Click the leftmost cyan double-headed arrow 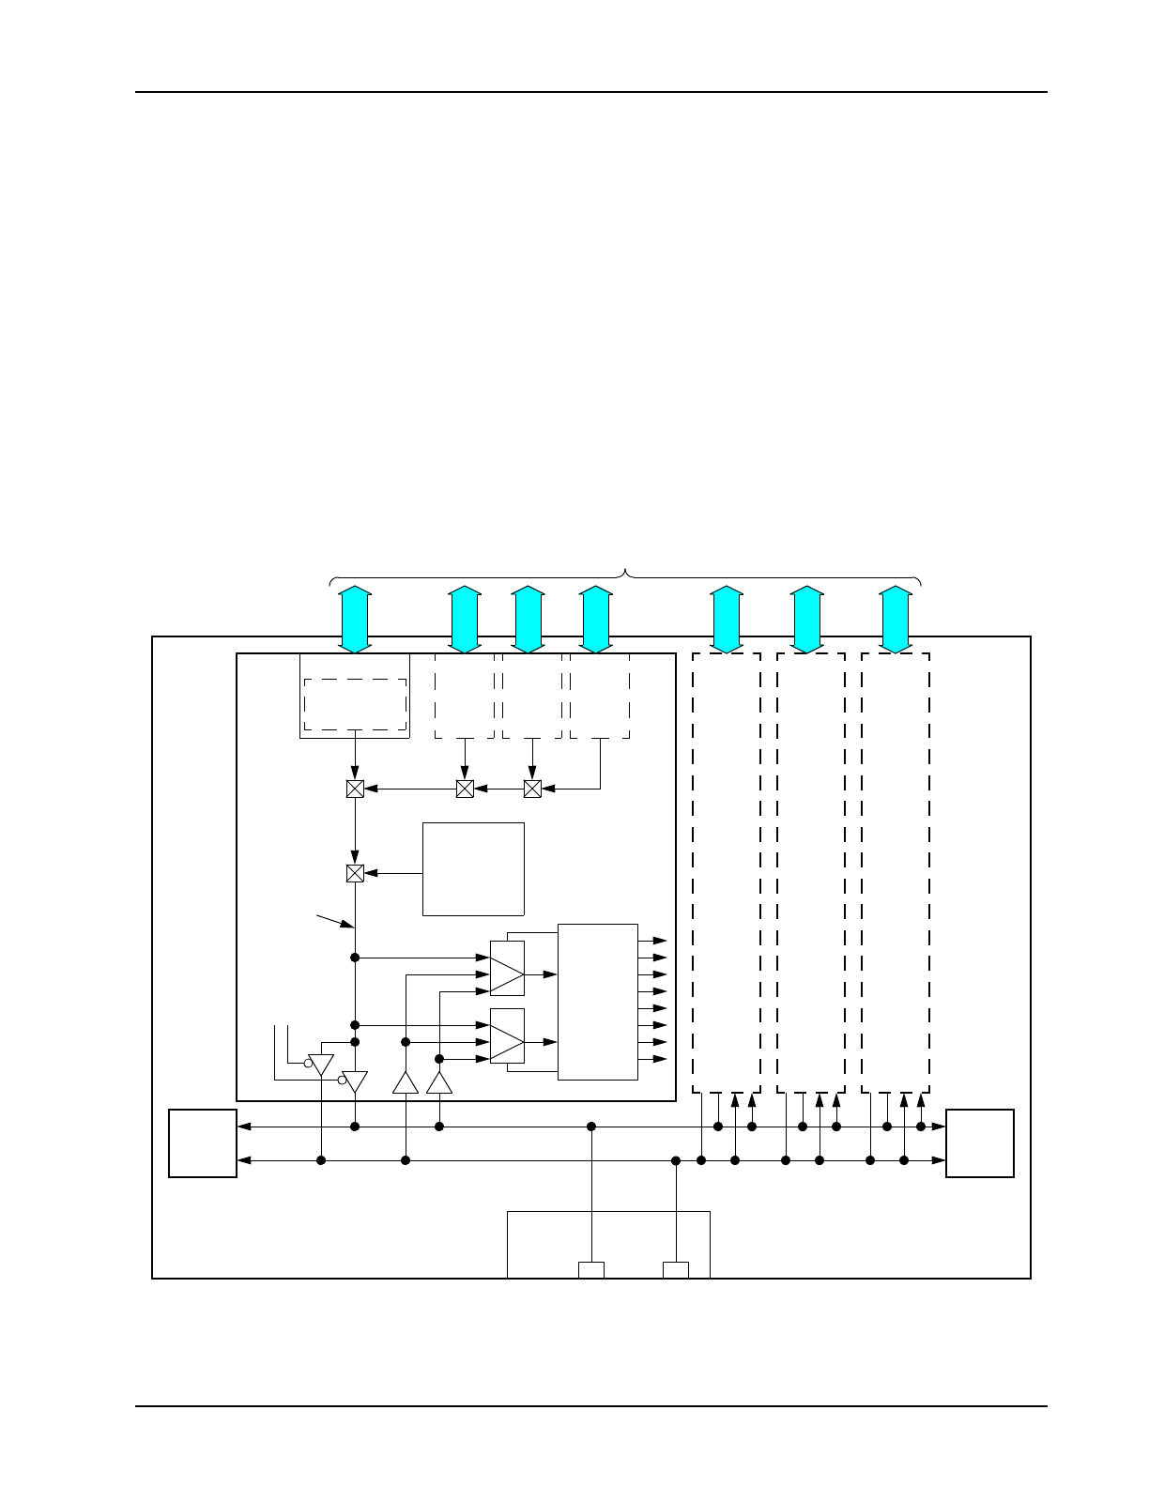pos(355,619)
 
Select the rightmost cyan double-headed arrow pos(896,619)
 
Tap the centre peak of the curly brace pos(626,572)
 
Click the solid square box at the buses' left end pos(203,1142)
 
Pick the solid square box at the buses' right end pos(980,1142)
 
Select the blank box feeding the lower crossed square pos(473,868)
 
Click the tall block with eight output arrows pos(598,1002)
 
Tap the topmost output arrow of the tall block pos(654,940)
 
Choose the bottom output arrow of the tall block pos(654,1059)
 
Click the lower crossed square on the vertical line pos(355,873)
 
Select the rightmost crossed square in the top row pos(532,789)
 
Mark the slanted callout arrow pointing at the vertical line pos(336,919)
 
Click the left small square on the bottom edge pos(591,1270)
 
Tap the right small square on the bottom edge pos(676,1270)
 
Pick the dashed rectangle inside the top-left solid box pos(355,704)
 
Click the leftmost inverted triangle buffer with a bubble pos(321,1065)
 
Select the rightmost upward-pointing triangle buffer pos(439,1082)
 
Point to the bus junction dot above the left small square pos(591,1127)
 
